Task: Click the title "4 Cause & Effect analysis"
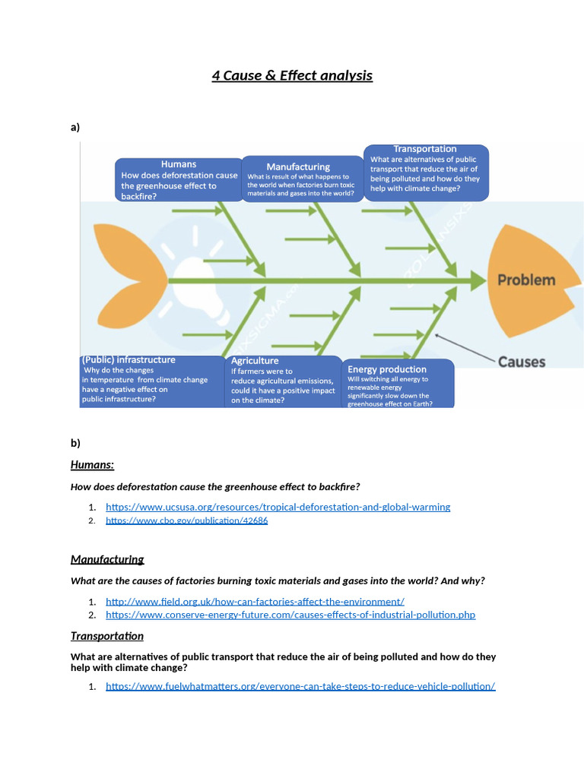(x=292, y=75)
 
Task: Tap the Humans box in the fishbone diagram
(x=179, y=180)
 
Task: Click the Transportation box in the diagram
(x=425, y=172)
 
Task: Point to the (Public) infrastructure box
(x=150, y=379)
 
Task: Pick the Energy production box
(x=398, y=384)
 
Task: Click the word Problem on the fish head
(x=526, y=280)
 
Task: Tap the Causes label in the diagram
(x=522, y=362)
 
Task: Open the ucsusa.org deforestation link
(x=278, y=507)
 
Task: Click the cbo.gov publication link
(x=186, y=520)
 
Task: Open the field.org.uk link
(x=255, y=601)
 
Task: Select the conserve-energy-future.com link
(x=290, y=615)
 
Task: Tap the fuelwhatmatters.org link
(x=300, y=686)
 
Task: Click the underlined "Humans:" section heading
(x=92, y=464)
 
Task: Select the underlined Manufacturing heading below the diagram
(x=107, y=559)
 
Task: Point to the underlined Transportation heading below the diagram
(x=107, y=636)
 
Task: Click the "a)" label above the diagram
(x=75, y=127)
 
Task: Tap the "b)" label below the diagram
(x=75, y=442)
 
